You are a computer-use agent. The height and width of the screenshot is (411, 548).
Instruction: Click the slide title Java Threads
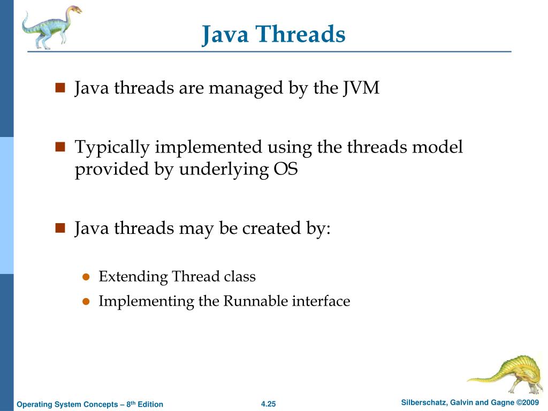click(x=273, y=35)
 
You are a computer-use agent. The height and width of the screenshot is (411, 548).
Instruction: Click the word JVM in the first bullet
click(x=361, y=88)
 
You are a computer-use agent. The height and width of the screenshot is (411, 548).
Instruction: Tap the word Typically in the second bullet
click(x=113, y=147)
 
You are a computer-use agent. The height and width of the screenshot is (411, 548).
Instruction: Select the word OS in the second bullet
click(x=285, y=170)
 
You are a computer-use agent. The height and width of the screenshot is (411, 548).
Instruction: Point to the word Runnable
click(x=255, y=301)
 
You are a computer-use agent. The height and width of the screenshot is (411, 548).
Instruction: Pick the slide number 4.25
click(x=268, y=404)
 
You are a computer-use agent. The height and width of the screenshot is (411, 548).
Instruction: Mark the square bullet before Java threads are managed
click(x=60, y=88)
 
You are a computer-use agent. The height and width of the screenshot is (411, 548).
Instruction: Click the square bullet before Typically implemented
click(x=60, y=147)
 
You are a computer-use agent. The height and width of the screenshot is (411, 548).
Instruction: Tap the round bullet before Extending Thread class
click(x=85, y=277)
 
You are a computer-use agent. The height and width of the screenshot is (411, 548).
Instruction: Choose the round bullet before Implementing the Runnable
click(x=85, y=302)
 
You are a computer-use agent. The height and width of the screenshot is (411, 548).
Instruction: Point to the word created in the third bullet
click(x=265, y=229)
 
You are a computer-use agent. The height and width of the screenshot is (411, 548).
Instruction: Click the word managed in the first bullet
click(x=246, y=88)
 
